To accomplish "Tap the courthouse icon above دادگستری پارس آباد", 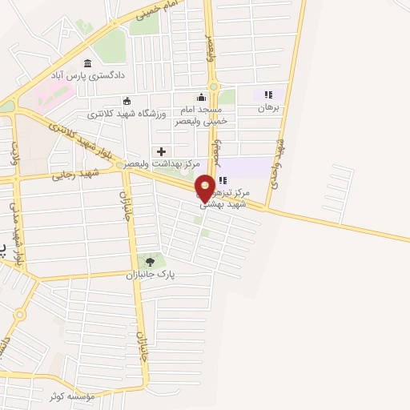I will [x=87, y=64].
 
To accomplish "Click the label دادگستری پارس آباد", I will [x=87, y=76].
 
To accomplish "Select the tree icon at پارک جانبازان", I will [x=148, y=260].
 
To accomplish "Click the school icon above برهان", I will [x=268, y=94].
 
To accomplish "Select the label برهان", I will [x=268, y=107].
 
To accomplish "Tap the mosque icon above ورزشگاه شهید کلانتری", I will [x=127, y=101].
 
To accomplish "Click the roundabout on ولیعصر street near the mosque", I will [x=214, y=86].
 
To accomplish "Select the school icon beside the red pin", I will [x=222, y=180].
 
